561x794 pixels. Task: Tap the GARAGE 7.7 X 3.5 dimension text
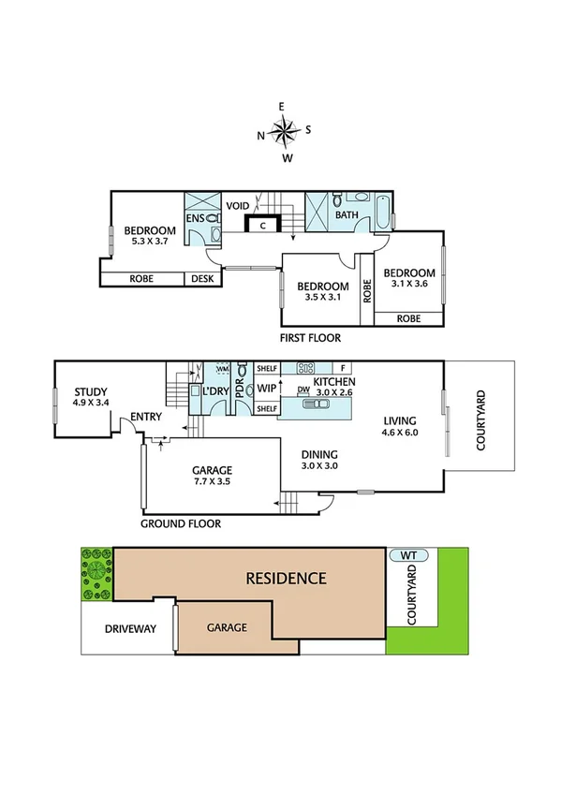click(x=212, y=482)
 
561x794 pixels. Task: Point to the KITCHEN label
click(x=333, y=383)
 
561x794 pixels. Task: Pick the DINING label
click(x=319, y=455)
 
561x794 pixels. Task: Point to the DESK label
click(x=202, y=278)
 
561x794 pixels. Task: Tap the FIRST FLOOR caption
click(x=310, y=338)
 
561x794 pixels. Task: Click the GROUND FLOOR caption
click(x=181, y=523)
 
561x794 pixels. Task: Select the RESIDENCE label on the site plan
click(x=286, y=578)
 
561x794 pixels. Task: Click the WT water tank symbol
click(x=408, y=555)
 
